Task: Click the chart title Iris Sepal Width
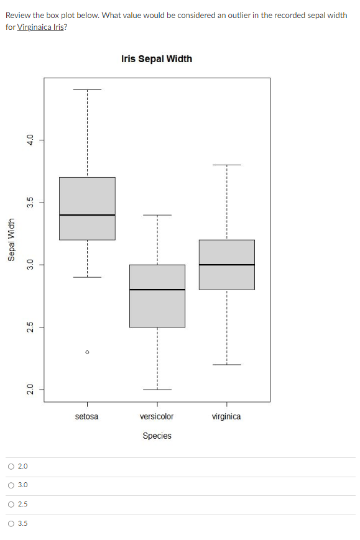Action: (157, 59)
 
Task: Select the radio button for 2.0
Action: (11, 466)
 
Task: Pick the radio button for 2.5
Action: (11, 504)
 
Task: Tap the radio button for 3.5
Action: (11, 523)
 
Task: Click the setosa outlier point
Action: (87, 352)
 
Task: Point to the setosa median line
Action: (87, 215)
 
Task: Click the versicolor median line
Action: (157, 290)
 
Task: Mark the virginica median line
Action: (226, 265)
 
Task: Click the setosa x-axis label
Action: (86, 416)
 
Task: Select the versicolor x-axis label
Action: (157, 416)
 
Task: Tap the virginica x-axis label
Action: (226, 416)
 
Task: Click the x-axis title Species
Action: (157, 436)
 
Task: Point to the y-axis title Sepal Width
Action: (11, 240)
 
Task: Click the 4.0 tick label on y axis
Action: (29, 140)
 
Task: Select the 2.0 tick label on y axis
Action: (29, 390)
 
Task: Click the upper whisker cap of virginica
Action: (226, 165)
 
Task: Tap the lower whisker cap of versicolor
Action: (157, 389)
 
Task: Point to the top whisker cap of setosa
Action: (87, 89)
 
